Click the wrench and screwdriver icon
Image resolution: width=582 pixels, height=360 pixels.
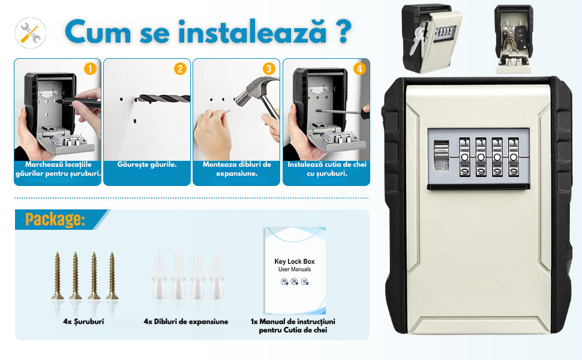pos(31,33)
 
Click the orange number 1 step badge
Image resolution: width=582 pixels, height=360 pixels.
pos(90,68)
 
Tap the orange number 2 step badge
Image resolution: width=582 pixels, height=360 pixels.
pos(180,68)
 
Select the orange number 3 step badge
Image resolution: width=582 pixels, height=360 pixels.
pos(269,68)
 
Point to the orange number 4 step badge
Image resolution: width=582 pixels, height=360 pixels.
pos(359,68)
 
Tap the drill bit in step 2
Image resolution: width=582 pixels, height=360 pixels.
pos(163,98)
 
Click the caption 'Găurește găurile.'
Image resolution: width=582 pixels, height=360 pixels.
pos(147,164)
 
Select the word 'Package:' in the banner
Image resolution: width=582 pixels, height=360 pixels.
pos(55,220)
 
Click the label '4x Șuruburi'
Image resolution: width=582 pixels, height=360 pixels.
pos(83,322)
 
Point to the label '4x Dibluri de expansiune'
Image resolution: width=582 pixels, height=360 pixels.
pos(186,322)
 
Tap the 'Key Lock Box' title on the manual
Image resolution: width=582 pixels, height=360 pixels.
pos(295,261)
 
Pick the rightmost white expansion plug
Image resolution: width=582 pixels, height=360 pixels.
pos(217,275)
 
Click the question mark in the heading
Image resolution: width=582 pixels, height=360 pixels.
pos(344,32)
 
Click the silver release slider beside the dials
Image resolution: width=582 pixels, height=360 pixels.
pos(442,156)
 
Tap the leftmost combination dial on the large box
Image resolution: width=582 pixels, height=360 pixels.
pos(465,157)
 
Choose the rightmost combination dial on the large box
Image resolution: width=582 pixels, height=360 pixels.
pos(514,157)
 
